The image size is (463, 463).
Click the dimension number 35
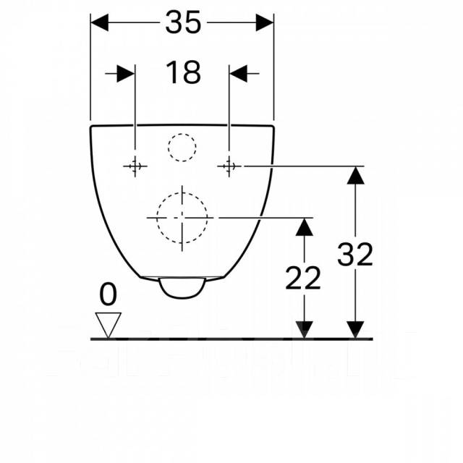coord(182,23)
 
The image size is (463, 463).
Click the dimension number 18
coord(183,72)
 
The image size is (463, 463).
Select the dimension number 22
coord(302,278)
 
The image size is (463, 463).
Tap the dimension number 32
coord(355,254)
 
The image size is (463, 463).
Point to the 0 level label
coord(108,294)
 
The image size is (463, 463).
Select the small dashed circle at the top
coord(182,148)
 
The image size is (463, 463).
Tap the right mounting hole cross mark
coord(229,166)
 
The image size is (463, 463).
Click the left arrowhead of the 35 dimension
coord(100,23)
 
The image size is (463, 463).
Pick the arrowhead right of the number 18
coord(239,73)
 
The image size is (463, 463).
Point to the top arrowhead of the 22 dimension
coord(305,226)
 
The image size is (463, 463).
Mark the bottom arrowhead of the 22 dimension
coord(305,329)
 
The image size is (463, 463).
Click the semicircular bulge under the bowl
coord(182,288)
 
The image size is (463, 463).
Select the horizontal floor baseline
coord(231,339)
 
